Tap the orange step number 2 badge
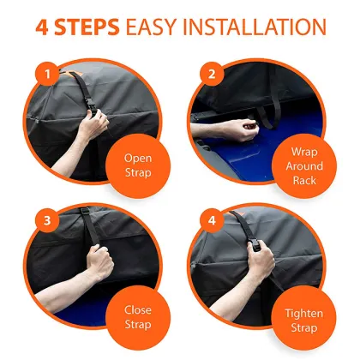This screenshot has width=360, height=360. [208, 73]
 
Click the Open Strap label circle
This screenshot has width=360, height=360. [137, 165]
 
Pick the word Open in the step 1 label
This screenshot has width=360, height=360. [137, 158]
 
